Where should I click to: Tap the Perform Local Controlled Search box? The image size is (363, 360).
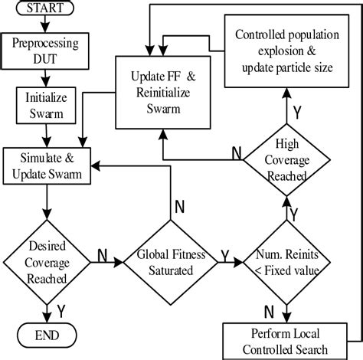coord(285,342)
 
